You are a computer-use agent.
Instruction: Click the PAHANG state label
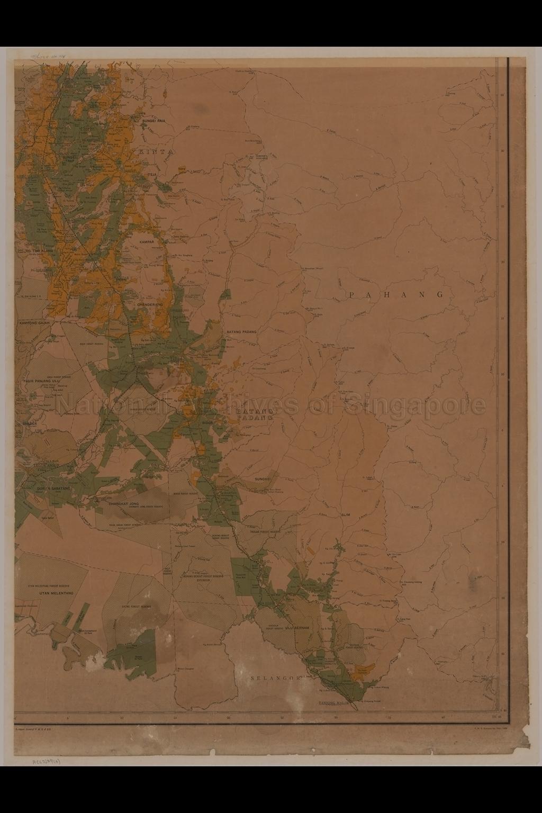click(396, 295)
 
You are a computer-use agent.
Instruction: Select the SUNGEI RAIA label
click(154, 121)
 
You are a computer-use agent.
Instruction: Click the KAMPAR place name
click(146, 241)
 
